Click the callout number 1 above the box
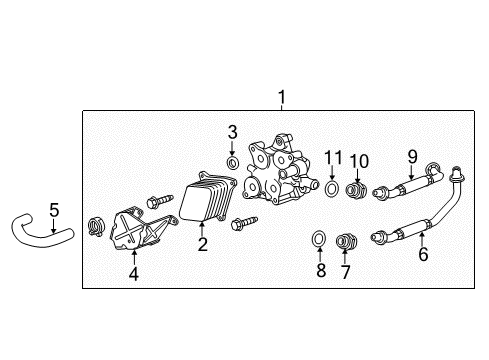point(282,97)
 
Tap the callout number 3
point(231,132)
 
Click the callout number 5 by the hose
point(55,210)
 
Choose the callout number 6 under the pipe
point(422,255)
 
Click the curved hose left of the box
point(42,236)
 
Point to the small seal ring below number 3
point(231,162)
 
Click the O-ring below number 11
point(331,187)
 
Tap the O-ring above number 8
point(318,238)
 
